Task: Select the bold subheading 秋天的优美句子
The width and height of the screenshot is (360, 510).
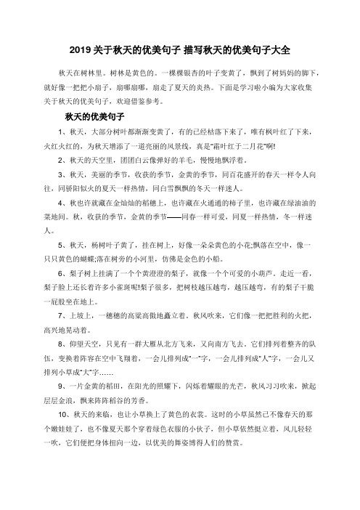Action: [96, 116]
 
